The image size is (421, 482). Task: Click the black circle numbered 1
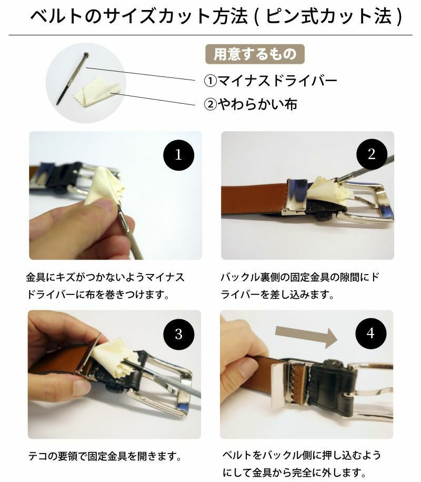tap(178, 155)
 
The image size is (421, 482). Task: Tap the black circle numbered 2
tap(372, 154)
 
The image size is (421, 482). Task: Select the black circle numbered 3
tap(178, 333)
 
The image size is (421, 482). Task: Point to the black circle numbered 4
tap(371, 333)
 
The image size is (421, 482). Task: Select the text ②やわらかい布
tap(250, 104)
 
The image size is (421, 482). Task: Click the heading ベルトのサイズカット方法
tap(138, 17)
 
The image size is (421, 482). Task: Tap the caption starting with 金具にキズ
tap(105, 286)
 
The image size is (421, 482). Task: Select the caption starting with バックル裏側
tap(299, 286)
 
